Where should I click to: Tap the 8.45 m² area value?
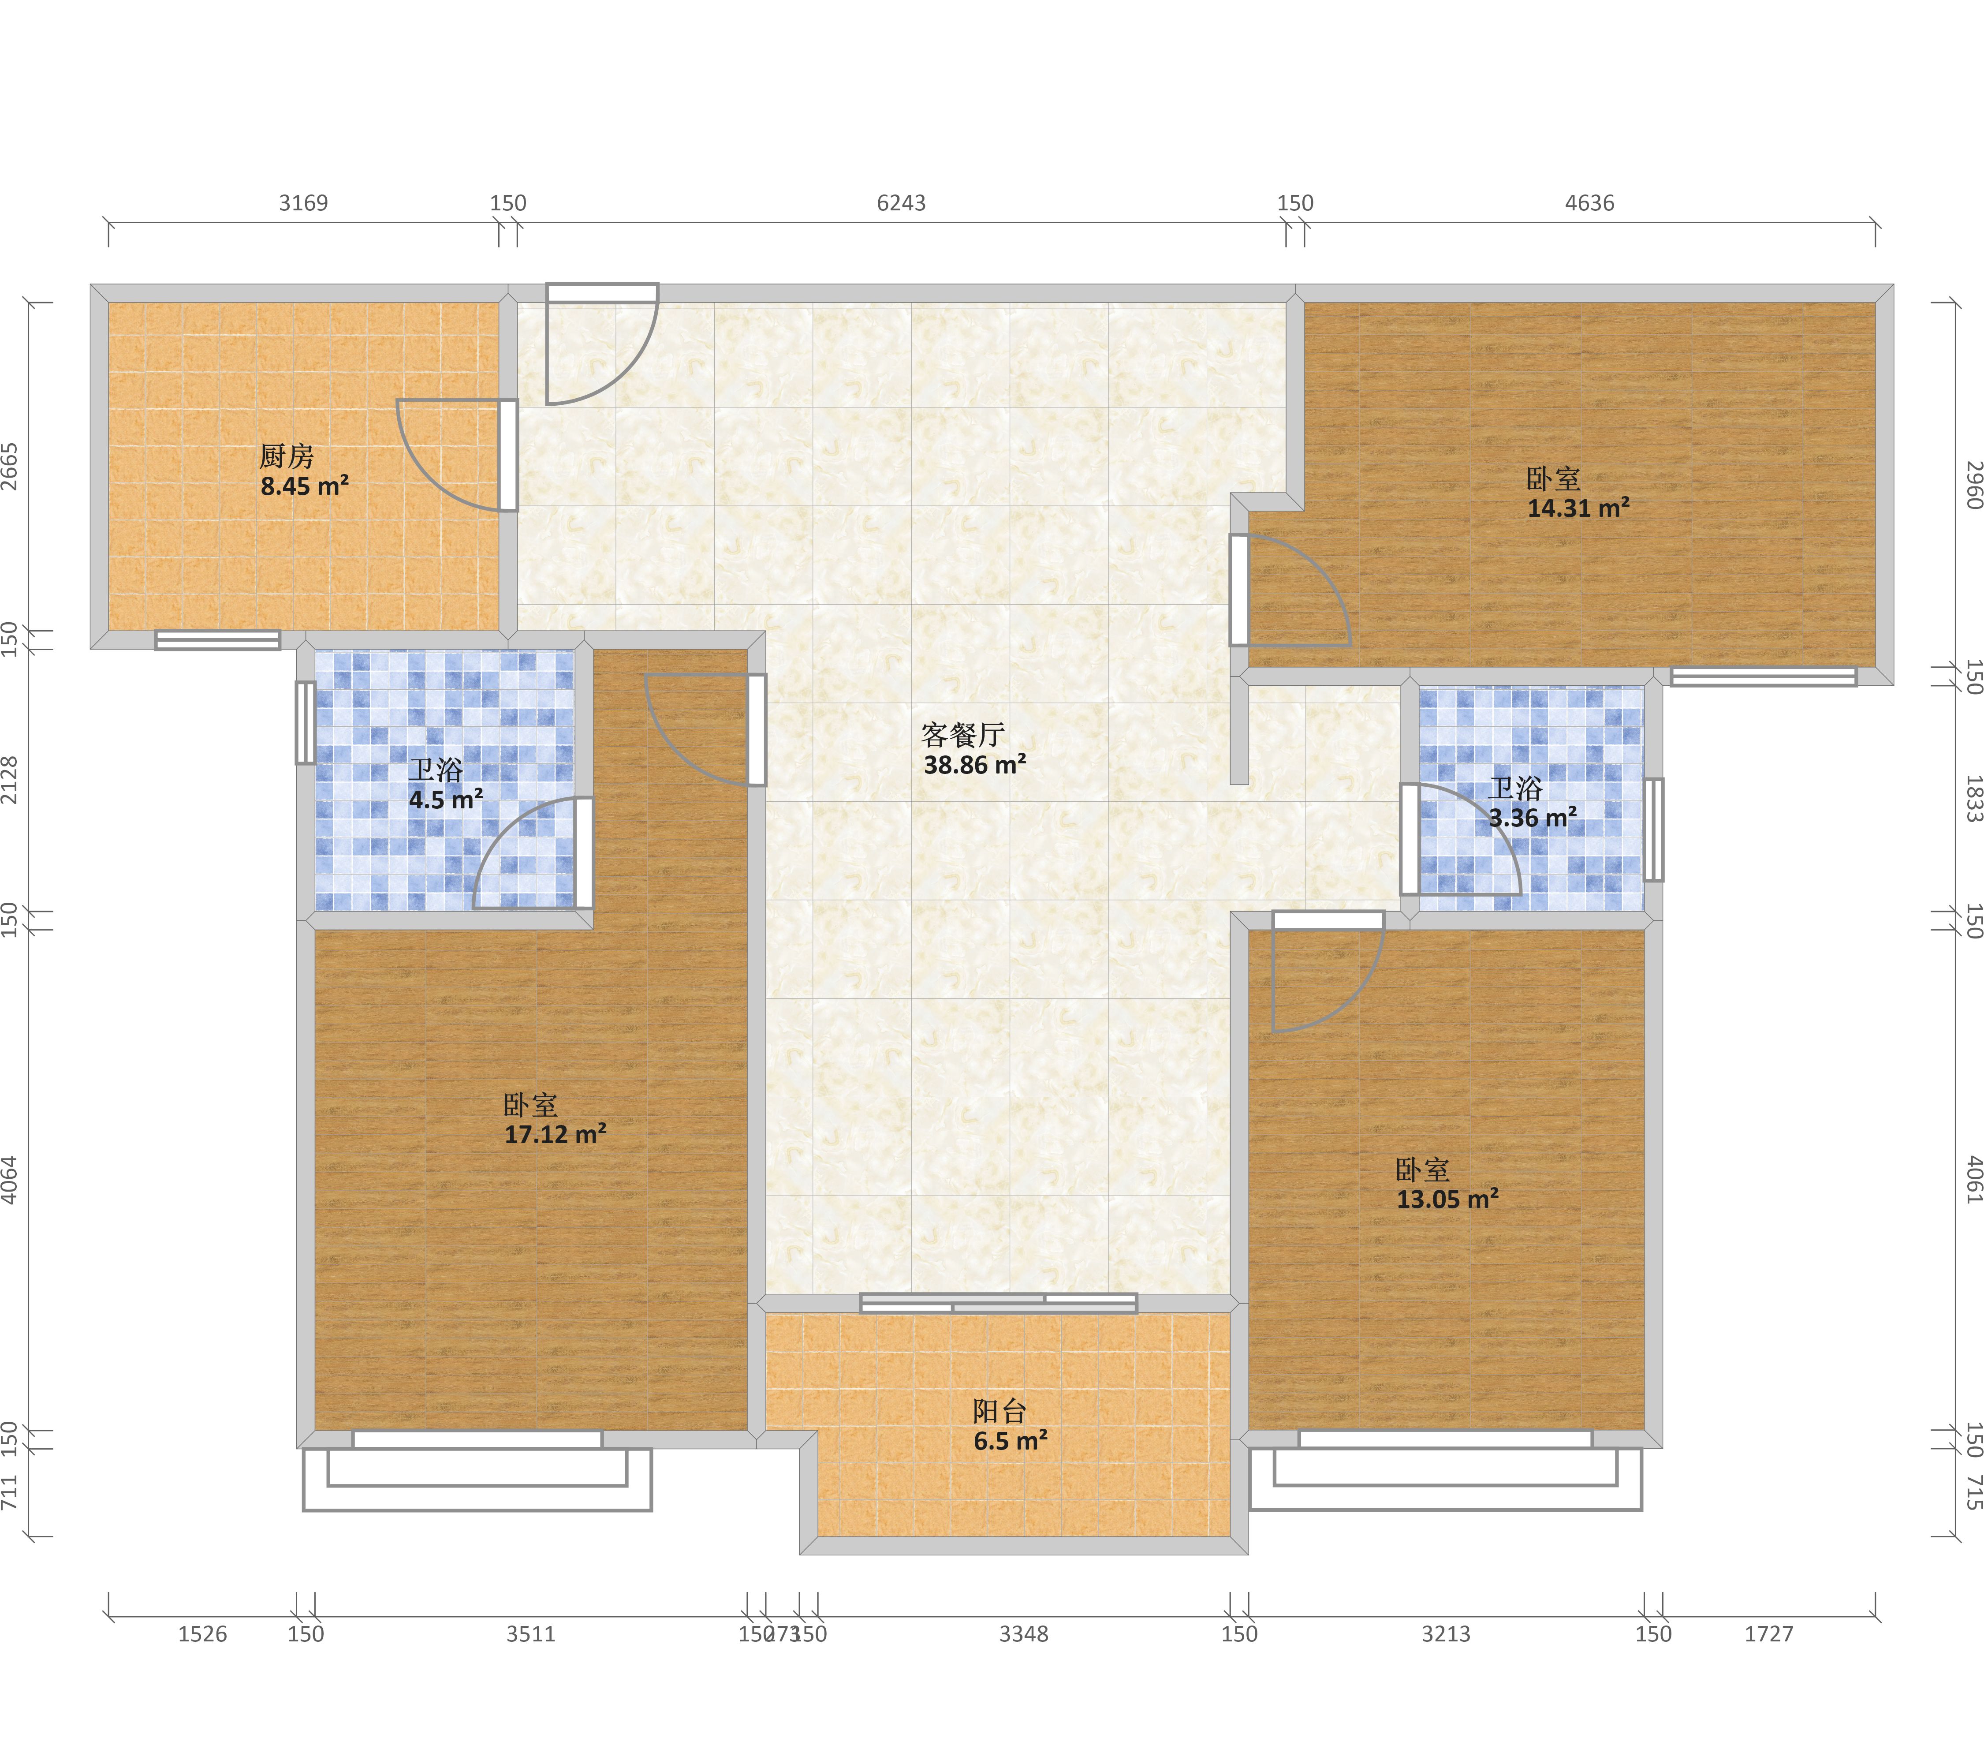pos(304,486)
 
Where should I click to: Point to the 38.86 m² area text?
pos(974,765)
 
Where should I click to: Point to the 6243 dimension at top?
pos(901,203)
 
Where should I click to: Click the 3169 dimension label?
pos(304,203)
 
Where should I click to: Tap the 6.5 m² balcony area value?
pos(1011,1442)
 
